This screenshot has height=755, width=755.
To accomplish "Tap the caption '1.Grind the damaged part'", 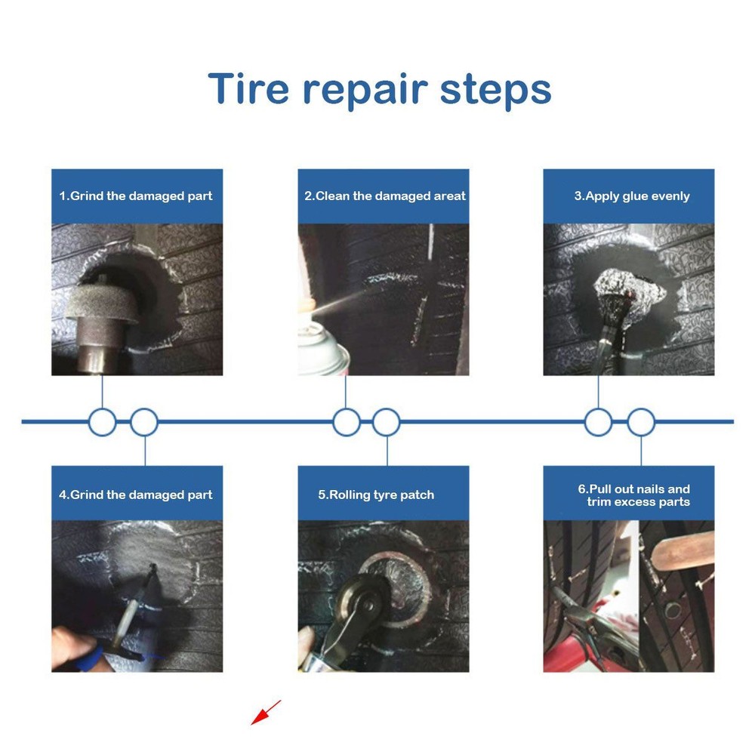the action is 136,196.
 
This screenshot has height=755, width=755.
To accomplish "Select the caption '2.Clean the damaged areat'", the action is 384,196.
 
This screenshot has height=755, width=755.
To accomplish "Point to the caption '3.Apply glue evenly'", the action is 631,196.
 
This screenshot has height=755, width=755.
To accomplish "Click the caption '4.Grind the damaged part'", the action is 136,495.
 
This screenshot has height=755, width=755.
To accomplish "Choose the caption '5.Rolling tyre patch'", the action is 376,495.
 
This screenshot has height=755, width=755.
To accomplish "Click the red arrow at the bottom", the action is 265,712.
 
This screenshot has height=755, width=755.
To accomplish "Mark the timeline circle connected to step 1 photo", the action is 102,422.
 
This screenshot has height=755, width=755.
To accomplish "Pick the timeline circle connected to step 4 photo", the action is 144,422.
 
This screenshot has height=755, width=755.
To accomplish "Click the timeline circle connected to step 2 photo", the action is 346,422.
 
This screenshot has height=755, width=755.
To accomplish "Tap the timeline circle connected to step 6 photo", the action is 641,422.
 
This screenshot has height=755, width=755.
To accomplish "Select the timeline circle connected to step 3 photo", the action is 598,422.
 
